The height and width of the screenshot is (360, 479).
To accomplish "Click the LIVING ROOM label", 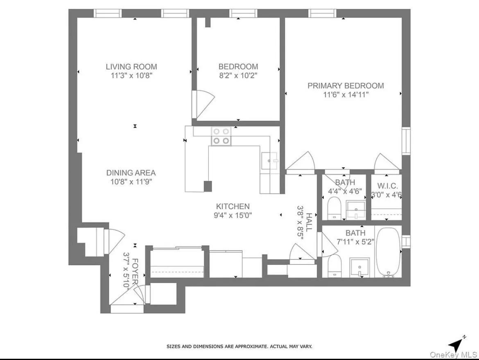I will pos(131,67).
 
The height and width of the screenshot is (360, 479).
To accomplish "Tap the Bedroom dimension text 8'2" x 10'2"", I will pos(238,76).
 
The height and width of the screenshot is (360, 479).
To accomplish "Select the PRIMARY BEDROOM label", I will pos(346,86).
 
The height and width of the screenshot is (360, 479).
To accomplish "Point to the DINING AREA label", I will pos(131,173).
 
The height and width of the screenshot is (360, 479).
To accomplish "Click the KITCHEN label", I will pos(233,207).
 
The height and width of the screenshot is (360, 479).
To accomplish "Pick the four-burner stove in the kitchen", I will pos(221,136).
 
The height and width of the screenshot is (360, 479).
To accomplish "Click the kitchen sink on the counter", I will pos(269,160).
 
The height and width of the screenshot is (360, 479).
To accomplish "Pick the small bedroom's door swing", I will pos(203,102).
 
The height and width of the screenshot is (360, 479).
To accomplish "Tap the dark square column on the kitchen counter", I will pos(208,186).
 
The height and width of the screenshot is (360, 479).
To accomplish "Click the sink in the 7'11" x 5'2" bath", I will pos(359,268).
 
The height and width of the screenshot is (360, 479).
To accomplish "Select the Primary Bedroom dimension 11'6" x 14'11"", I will pos(346,95).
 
